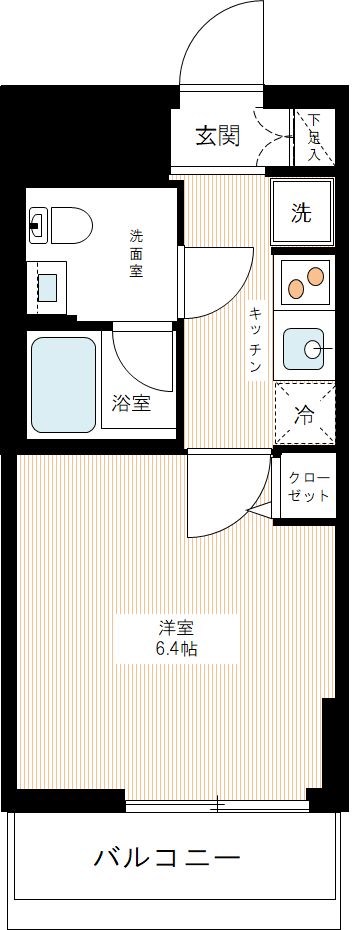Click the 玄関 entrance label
coord(217,136)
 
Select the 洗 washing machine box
coord(301,212)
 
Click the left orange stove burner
coord(296,289)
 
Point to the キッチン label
coord(256,339)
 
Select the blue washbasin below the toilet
coord(47,286)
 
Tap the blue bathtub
coord(63,383)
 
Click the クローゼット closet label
coord(308,486)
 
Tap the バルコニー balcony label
coord(167,858)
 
